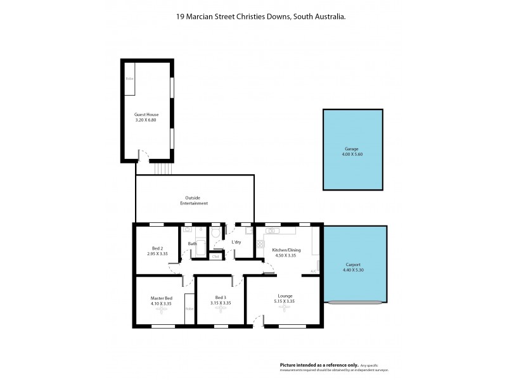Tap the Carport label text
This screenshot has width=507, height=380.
tap(354, 265)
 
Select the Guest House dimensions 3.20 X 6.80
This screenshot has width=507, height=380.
tap(146, 120)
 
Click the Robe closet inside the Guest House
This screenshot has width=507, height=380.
tap(129, 79)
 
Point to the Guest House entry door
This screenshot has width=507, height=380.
tap(144, 156)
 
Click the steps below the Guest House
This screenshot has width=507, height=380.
tap(162, 168)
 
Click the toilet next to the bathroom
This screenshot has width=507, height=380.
tap(215, 233)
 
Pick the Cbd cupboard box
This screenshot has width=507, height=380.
tap(215, 256)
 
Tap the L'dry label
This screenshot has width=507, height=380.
tap(236, 243)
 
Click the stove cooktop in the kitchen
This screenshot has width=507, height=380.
tap(260, 243)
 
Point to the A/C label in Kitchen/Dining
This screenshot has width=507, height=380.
tap(313, 272)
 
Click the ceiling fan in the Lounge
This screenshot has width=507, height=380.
tap(285, 310)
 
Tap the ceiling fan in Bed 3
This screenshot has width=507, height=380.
tap(221, 310)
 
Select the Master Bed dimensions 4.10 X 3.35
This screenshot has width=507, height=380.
tap(161, 303)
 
